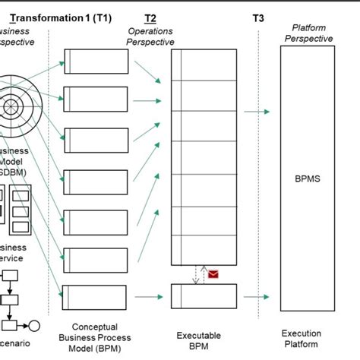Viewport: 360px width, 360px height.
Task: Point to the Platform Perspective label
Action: click(308, 33)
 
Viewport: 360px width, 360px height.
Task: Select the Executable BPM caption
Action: click(199, 340)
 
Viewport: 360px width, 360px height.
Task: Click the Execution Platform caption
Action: click(301, 339)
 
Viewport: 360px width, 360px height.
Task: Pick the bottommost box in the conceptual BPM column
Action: click(87, 295)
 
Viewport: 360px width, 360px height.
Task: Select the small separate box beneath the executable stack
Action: click(198, 294)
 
